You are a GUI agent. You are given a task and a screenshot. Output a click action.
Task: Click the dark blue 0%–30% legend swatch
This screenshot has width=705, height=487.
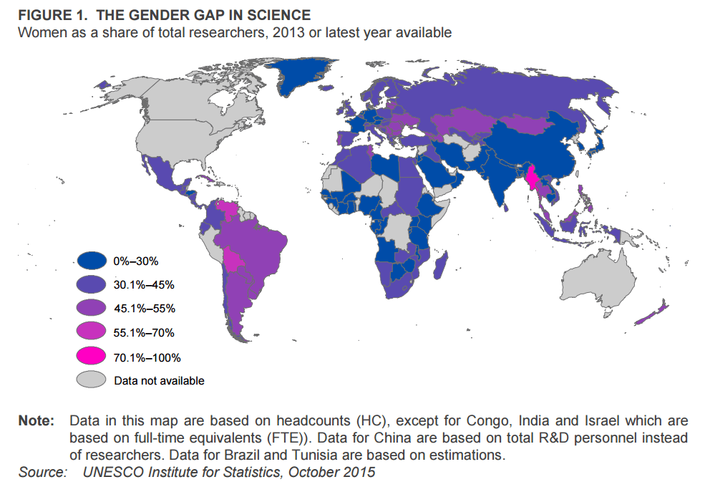93,261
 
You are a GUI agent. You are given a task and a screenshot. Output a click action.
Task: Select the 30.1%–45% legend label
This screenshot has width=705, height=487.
144,285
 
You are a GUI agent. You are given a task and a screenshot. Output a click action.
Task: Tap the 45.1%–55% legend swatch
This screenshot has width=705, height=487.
93,309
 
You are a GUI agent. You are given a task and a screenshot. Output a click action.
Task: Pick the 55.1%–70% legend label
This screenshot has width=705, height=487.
144,332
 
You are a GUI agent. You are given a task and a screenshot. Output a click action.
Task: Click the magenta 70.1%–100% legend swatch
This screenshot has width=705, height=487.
93,356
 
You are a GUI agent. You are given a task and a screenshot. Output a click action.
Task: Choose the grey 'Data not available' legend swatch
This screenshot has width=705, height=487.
93,380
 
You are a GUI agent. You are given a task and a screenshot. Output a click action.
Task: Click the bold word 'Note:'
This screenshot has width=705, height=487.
36,420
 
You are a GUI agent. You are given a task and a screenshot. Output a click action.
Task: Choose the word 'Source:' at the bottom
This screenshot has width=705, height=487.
42,472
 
